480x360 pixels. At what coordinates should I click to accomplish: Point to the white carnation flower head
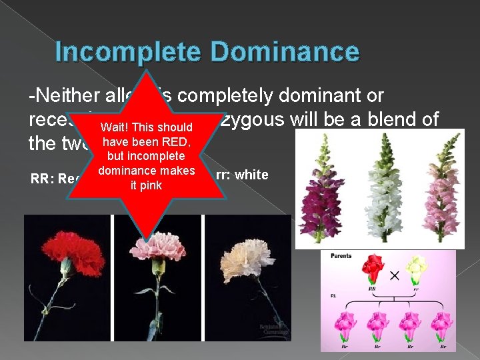click(249, 252)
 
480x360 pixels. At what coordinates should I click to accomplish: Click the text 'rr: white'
click(242, 175)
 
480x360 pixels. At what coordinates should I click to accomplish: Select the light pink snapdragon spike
click(437, 193)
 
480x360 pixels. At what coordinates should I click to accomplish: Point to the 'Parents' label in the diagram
click(341, 256)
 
